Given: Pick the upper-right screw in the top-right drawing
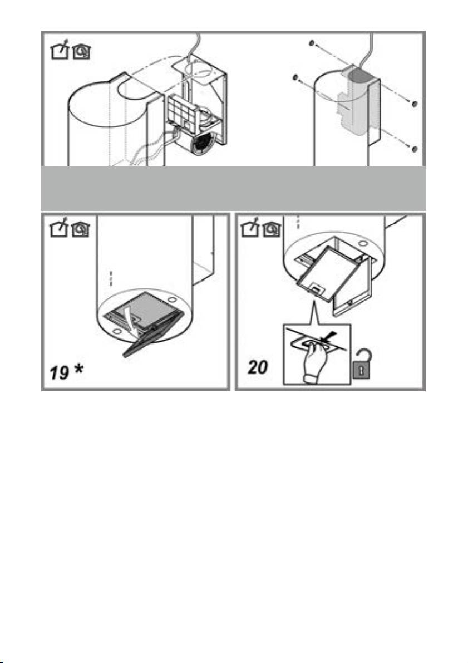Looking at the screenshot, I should [x=415, y=104].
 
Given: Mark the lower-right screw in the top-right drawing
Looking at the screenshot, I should [x=415, y=149].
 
